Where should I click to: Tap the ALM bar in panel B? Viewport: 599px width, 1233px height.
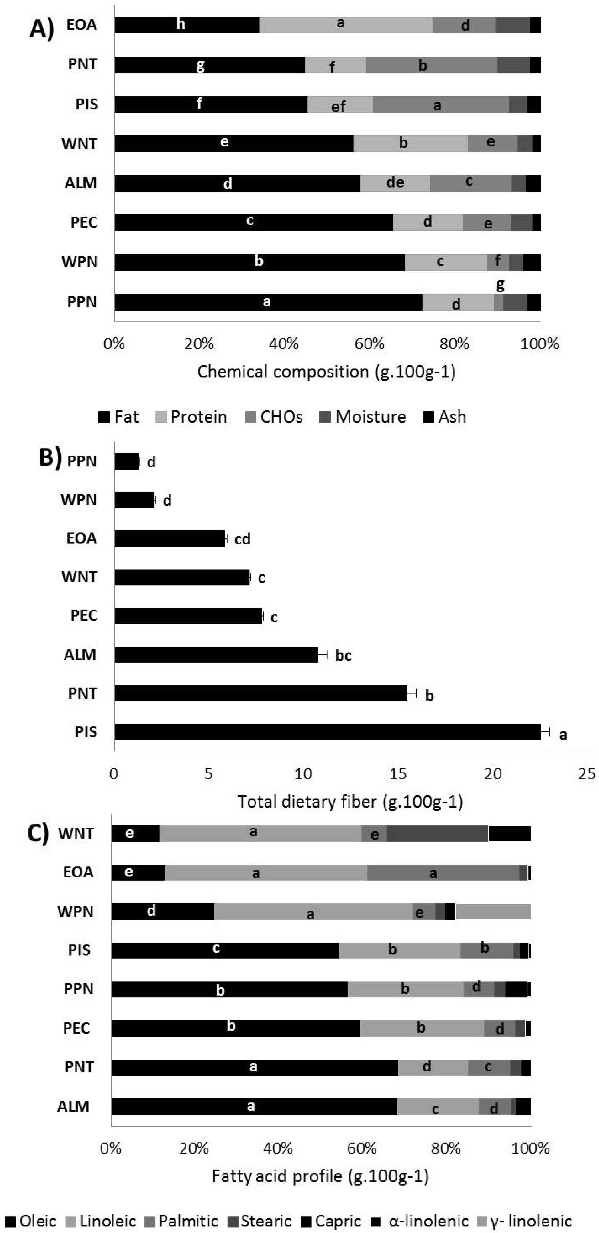(216, 654)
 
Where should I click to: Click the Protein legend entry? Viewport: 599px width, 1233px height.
(192, 417)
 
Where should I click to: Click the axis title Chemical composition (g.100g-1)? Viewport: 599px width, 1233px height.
(326, 372)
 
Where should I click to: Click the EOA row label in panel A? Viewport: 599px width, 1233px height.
(82, 25)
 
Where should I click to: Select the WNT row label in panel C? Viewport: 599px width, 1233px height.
(76, 833)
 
